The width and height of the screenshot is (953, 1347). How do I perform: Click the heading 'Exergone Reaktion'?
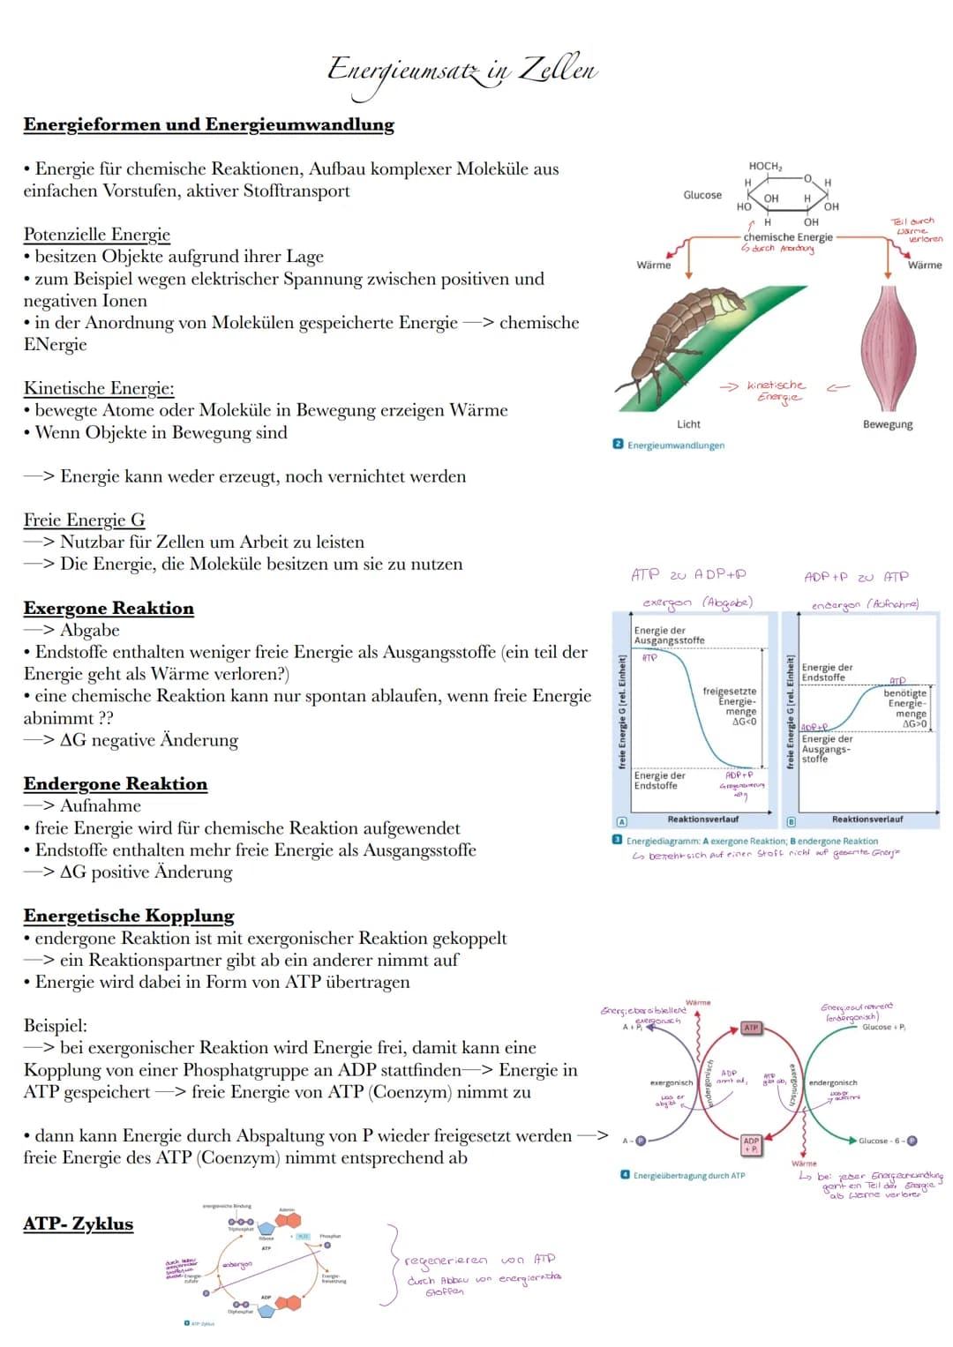coord(109,609)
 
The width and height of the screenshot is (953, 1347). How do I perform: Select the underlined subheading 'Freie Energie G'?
coord(84,520)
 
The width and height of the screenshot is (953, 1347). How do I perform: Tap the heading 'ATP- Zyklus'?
coord(79,1224)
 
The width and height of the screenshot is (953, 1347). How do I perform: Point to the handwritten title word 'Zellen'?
coord(558,69)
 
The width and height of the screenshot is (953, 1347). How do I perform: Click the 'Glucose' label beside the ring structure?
coord(702,195)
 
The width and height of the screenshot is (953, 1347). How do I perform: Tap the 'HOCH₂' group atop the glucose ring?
coord(765,166)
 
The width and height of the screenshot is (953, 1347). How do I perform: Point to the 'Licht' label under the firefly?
coord(688,424)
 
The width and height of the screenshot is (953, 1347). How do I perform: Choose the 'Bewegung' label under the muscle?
coord(888,424)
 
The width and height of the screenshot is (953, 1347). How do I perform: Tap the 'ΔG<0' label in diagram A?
coord(745,722)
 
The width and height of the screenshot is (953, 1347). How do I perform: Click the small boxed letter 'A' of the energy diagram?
coord(621,820)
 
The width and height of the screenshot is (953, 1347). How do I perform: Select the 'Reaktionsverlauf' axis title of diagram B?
coord(867,819)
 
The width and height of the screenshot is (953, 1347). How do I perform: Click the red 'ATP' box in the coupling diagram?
coord(751,1028)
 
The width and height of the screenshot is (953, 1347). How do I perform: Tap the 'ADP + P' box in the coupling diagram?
coord(751,1145)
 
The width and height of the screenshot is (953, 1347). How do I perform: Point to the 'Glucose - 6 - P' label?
coord(886,1141)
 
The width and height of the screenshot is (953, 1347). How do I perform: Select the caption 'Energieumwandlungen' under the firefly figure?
coord(675,445)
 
